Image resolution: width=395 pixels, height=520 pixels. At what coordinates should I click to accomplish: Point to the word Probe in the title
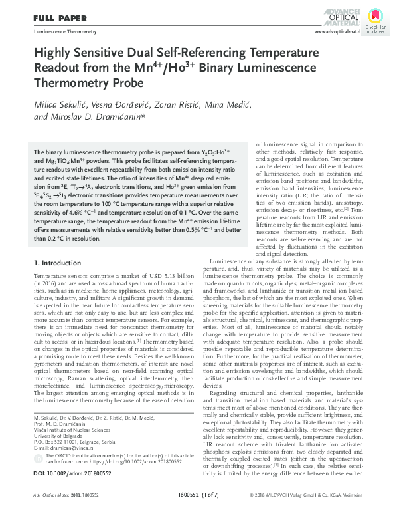click(125, 84)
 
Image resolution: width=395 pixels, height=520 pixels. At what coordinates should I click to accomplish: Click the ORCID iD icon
click(37, 459)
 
